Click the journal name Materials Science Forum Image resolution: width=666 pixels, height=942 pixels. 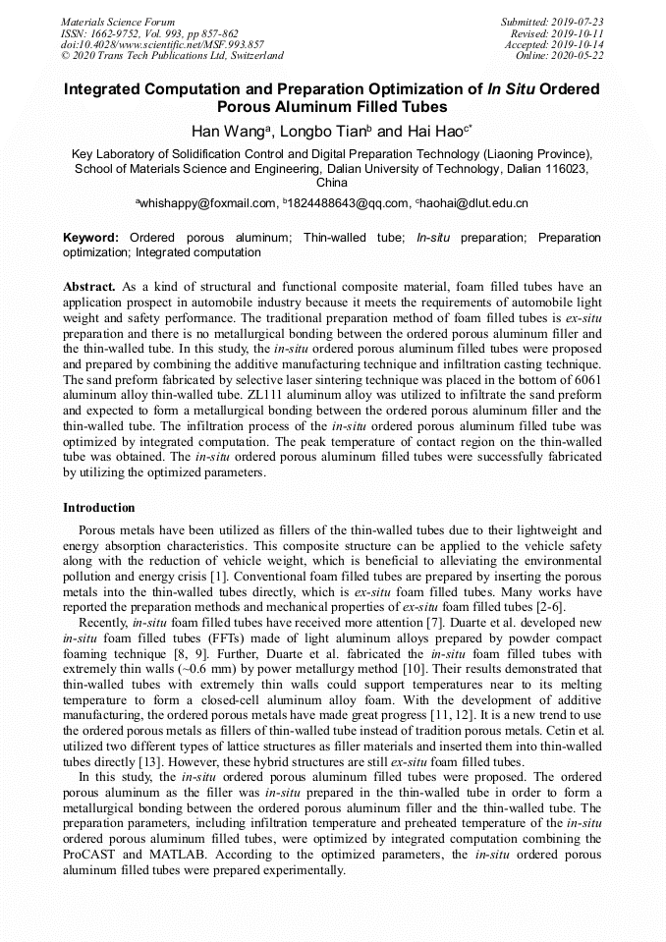coord(118,22)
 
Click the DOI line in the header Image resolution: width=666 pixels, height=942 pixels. coord(162,44)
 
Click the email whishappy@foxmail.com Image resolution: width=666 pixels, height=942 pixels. coord(208,203)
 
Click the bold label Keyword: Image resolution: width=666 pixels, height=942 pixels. coord(91,238)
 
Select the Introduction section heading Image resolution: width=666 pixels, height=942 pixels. coord(99,508)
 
